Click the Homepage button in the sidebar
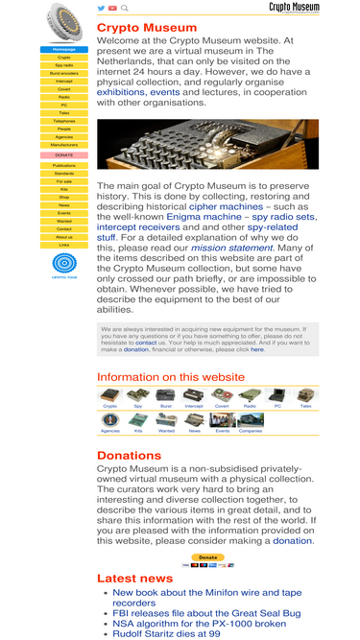tap(64, 49)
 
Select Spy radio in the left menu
tap(64, 65)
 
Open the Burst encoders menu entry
tap(64, 73)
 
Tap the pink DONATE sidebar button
tap(64, 154)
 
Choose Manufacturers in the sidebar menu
tap(64, 145)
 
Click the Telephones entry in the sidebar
tap(64, 121)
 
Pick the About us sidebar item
tap(64, 237)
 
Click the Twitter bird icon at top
tap(102, 8)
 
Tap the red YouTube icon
tap(113, 8)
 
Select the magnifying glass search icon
tap(125, 8)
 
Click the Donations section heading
tap(129, 456)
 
